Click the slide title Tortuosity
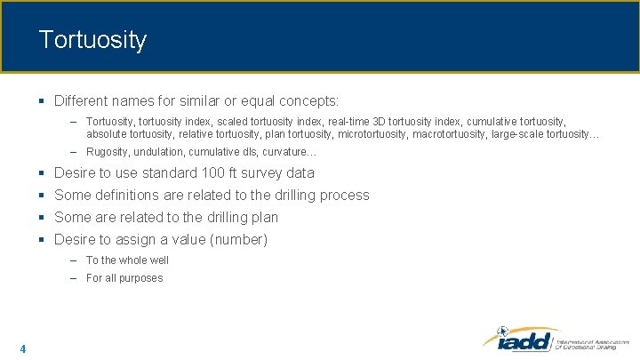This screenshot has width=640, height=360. [92, 40]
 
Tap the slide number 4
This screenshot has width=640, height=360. [22, 348]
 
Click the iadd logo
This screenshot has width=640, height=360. [520, 340]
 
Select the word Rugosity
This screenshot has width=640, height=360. [108, 152]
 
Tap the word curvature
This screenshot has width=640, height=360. [283, 152]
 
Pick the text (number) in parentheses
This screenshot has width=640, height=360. [238, 239]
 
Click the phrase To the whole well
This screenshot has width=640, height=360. [127, 260]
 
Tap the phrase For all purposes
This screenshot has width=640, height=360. [124, 278]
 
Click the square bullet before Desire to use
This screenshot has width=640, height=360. [43, 172]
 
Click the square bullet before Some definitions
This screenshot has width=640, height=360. [43, 195]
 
